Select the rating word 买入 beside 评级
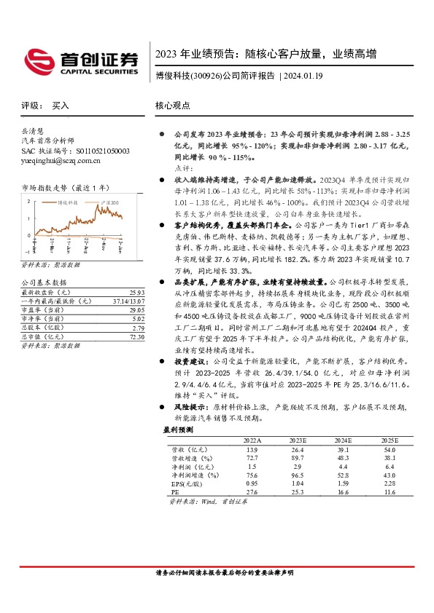click(x=61, y=106)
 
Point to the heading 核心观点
click(x=172, y=106)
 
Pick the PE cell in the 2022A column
click(x=249, y=492)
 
